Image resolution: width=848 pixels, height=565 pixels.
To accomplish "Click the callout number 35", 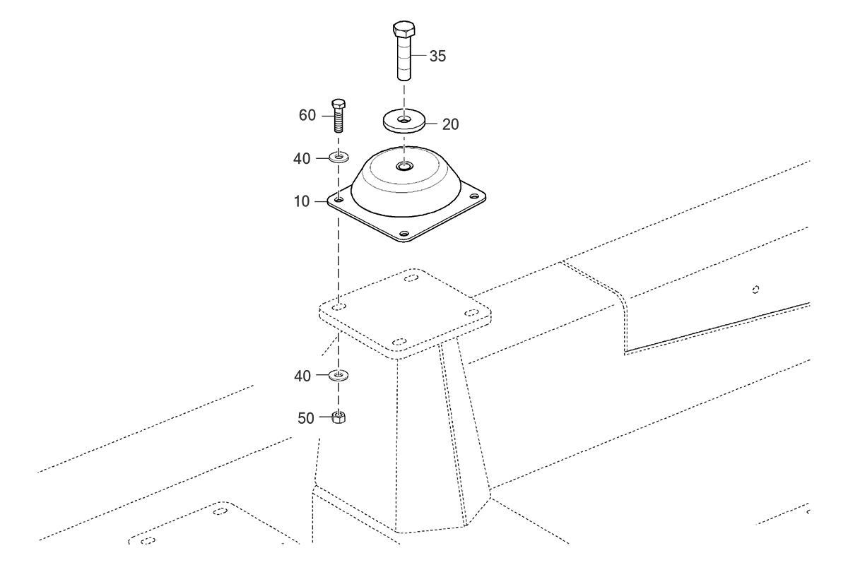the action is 437,56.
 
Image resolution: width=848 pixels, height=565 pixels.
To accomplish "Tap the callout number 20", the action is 451,124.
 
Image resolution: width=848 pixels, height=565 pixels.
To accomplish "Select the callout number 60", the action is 307,115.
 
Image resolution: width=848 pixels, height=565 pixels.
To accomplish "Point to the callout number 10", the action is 302,201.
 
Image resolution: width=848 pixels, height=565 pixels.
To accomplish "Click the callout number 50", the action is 306,418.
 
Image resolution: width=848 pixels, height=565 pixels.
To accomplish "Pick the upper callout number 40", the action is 302,159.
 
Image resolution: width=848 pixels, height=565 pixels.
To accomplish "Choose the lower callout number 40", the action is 302,376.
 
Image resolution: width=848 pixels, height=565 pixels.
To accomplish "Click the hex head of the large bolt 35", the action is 404,29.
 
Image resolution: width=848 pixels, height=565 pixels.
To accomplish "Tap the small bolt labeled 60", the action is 338,115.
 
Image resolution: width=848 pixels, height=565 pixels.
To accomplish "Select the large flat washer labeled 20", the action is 404,121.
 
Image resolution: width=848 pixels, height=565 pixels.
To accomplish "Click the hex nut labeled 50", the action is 338,417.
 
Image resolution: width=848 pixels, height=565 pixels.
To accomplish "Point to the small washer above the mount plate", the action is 338,157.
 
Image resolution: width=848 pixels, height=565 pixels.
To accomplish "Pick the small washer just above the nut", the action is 338,375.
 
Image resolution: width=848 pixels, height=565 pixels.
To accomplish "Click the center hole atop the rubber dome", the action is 404,166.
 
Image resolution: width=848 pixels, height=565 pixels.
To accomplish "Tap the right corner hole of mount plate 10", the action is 474,196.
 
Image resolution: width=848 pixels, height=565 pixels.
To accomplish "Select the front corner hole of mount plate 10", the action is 405,234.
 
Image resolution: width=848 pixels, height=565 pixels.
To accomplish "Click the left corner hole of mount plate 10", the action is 338,198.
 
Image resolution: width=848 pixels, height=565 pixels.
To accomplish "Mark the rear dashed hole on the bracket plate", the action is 411,278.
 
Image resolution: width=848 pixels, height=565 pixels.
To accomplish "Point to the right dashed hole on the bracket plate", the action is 472,313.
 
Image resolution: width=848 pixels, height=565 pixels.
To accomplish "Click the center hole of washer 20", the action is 404,119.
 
